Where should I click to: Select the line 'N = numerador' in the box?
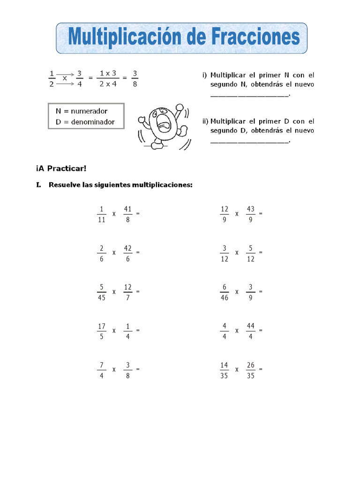coord(82,111)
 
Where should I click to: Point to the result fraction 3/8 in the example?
coord(135,79)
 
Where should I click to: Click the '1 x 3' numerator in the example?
coord(108,74)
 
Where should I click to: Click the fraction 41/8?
coord(128,213)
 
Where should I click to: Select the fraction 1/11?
coord(102,213)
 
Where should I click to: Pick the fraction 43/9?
coord(251,213)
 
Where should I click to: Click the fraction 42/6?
coord(128,252)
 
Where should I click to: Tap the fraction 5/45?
coord(102,292)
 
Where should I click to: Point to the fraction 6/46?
coord(225,292)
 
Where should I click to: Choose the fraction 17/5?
coord(102,330)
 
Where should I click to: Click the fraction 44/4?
coord(251,330)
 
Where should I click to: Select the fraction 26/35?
coord(251,369)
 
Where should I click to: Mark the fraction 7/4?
coord(102,369)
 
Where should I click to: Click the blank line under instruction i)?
coord(250,95)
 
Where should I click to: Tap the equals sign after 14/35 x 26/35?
coord(261,369)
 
